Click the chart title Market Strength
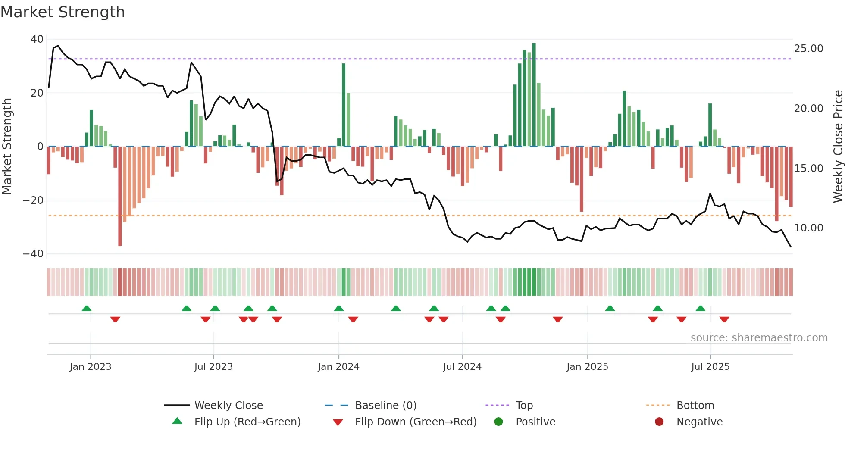[63, 12]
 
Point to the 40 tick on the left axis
[37, 39]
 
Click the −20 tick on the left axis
[33, 200]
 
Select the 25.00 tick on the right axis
[808, 49]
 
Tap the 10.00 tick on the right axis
[808, 228]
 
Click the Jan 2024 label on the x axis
[338, 367]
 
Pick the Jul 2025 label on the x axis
[710, 367]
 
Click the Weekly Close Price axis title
[838, 147]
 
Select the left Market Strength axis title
[7, 147]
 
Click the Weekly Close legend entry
[228, 406]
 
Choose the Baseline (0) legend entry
[385, 406]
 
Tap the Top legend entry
[524, 406]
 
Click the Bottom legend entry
[695, 406]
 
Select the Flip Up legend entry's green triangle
[177, 421]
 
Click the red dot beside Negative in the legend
[659, 422]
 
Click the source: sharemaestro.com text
[759, 338]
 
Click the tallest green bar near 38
[534, 95]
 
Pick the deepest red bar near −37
[120, 196]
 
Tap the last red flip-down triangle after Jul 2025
[724, 319]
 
